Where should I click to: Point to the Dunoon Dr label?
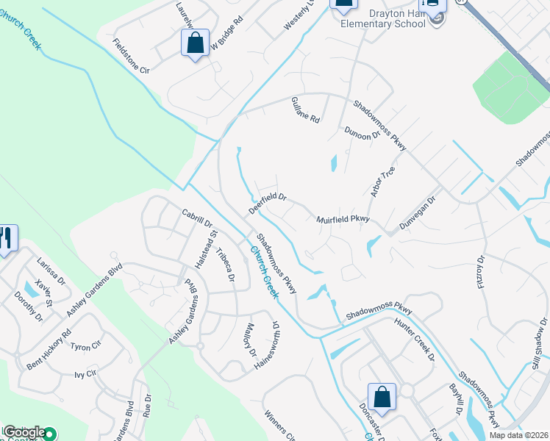pyautogui.click(x=362, y=133)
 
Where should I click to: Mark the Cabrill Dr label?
pyautogui.click(x=196, y=218)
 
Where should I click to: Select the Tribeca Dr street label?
pyautogui.click(x=225, y=265)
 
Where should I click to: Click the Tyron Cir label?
pyautogui.click(x=85, y=346)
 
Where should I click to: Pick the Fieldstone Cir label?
pyautogui.click(x=131, y=56)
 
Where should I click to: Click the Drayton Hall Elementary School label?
pyautogui.click(x=383, y=18)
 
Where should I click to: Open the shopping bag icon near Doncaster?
pyautogui.click(x=382, y=396)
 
